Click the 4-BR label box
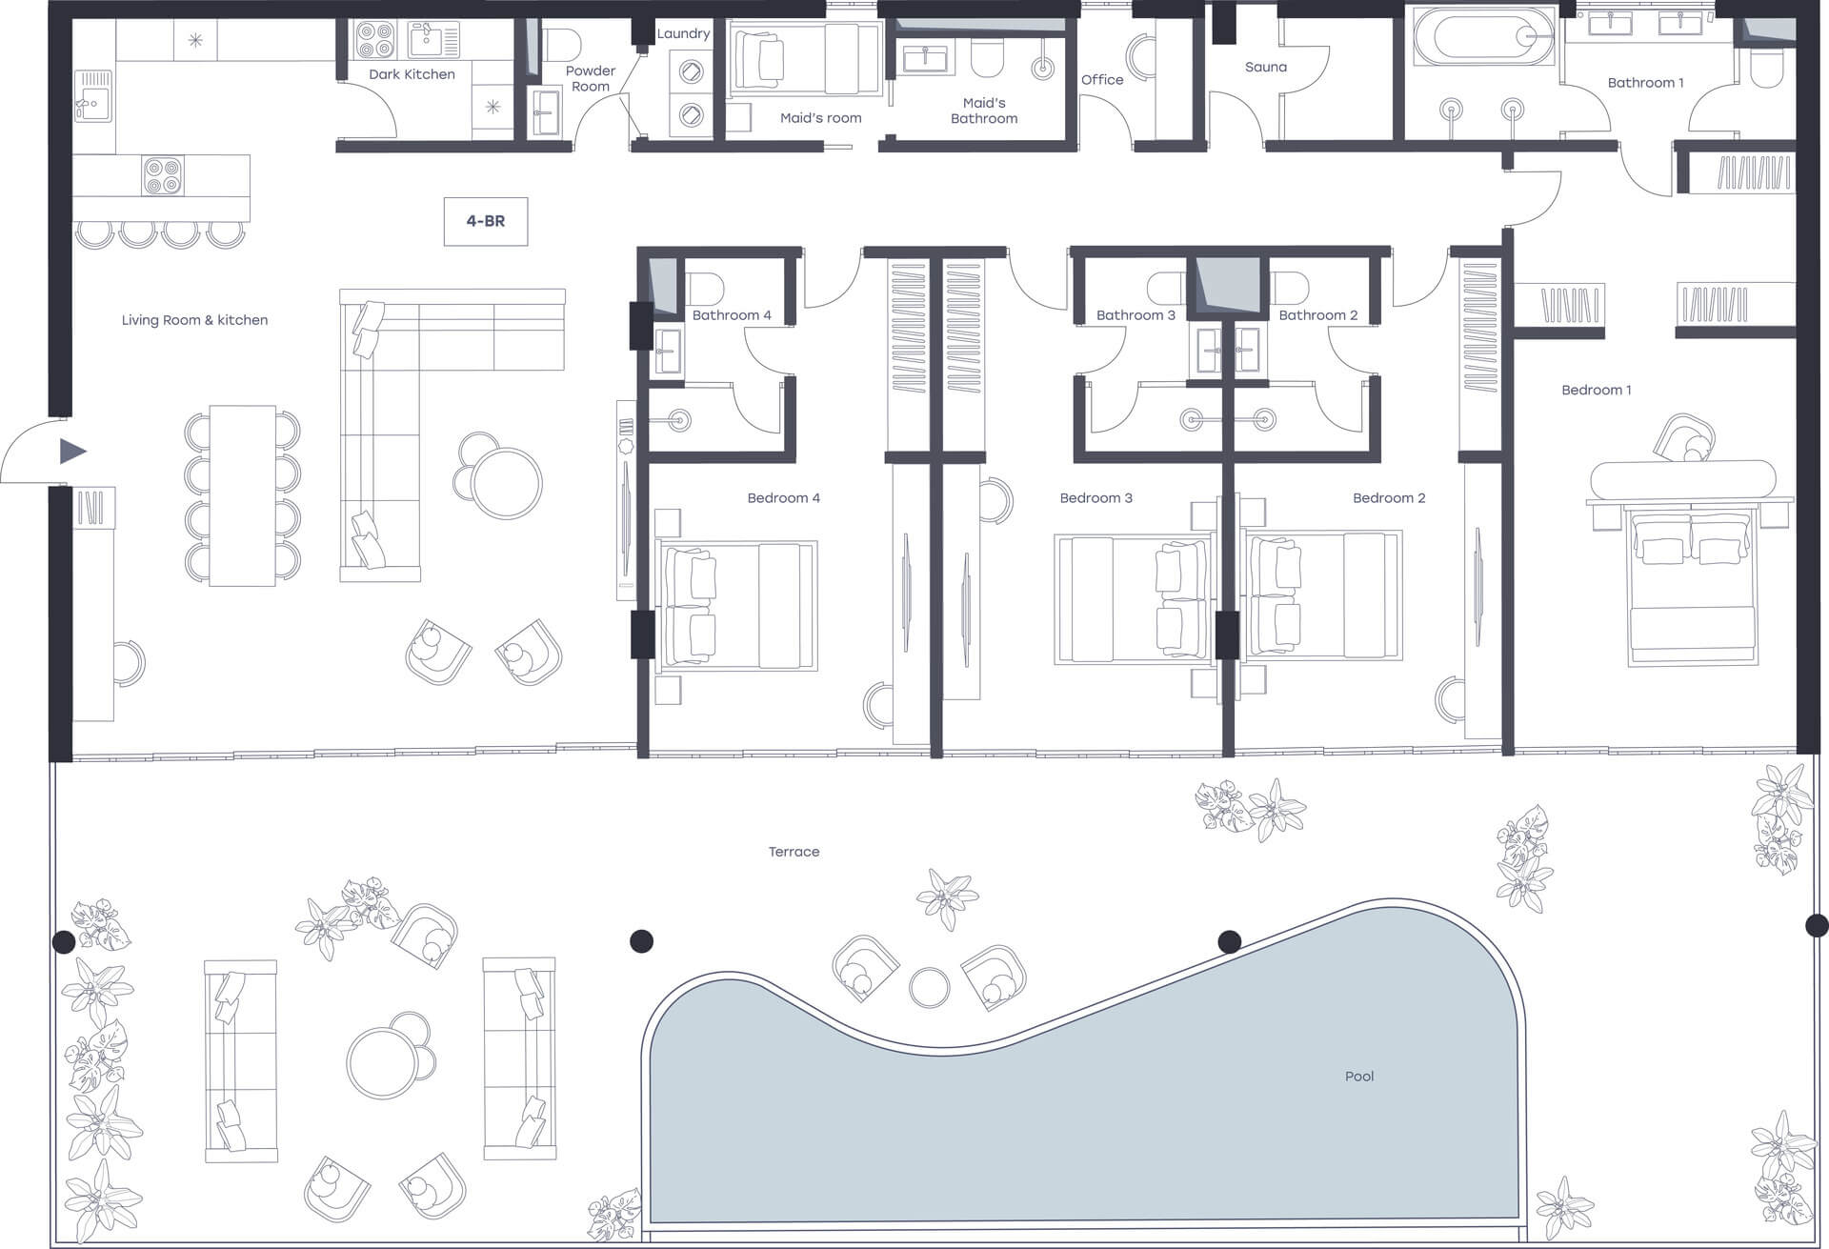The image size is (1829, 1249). click(x=486, y=221)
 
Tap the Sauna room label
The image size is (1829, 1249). click(x=1266, y=68)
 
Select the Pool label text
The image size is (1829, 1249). click(x=1359, y=1077)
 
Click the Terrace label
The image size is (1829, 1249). click(x=794, y=852)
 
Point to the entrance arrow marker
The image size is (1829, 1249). click(x=72, y=451)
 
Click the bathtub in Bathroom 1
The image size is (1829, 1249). click(x=1482, y=38)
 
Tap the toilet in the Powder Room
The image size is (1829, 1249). click(x=561, y=43)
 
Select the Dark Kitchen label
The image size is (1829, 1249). click(x=412, y=74)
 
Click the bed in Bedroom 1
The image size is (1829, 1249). click(x=1692, y=586)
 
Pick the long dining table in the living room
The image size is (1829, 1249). click(x=243, y=495)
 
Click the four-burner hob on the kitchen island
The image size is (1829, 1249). click(x=163, y=176)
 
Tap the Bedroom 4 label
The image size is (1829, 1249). click(x=783, y=498)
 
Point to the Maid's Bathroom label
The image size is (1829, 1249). click(x=984, y=111)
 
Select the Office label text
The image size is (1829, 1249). click(x=1102, y=80)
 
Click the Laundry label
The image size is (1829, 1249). click(x=683, y=33)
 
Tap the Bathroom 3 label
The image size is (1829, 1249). click(x=1136, y=315)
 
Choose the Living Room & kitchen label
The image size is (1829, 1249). click(x=194, y=320)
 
